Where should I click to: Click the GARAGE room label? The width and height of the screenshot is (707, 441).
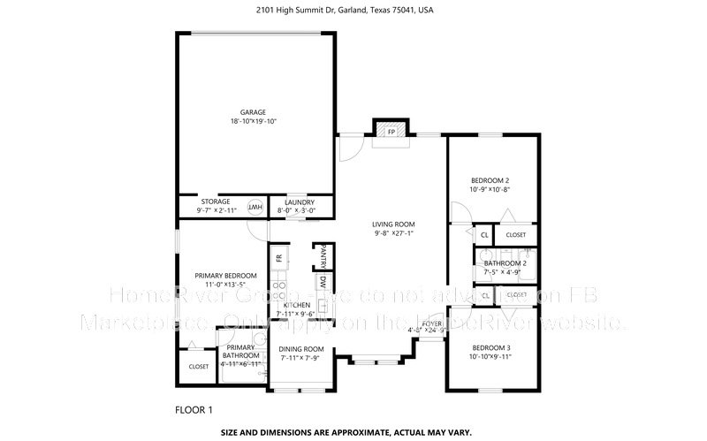click(x=253, y=112)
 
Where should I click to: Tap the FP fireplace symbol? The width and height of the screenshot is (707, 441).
click(x=391, y=131)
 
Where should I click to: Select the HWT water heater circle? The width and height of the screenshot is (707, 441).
click(x=255, y=207)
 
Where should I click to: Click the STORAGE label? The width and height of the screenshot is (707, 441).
click(x=215, y=201)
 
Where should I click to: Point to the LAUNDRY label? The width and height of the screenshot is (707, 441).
click(x=292, y=201)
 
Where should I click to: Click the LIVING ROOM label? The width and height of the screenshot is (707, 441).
click(x=393, y=224)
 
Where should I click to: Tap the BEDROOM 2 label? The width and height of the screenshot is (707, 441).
click(x=490, y=179)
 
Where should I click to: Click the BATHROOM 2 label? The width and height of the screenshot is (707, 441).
click(x=505, y=263)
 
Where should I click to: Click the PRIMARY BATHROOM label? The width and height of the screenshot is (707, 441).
click(x=240, y=351)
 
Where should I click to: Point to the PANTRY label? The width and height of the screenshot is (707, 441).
click(x=323, y=255)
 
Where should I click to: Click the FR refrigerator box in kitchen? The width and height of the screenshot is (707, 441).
click(x=278, y=258)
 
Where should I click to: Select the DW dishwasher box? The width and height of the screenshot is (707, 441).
click(x=323, y=285)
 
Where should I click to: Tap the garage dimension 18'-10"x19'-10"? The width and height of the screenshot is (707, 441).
click(x=253, y=121)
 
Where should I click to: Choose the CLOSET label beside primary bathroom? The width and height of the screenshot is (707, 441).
click(x=199, y=366)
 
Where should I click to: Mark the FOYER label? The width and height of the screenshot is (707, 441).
click(x=431, y=324)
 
